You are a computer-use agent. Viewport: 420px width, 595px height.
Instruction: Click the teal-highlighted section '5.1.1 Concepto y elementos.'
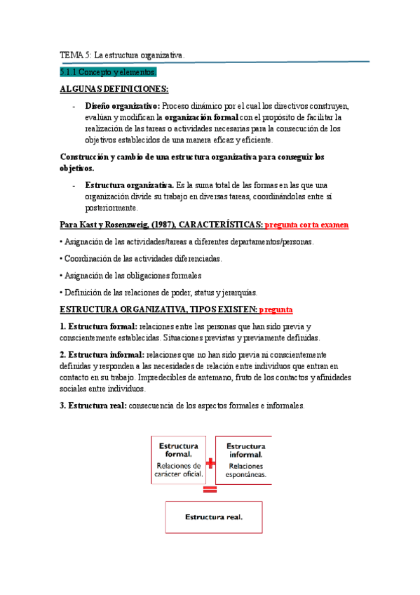pyautogui.click(x=109, y=72)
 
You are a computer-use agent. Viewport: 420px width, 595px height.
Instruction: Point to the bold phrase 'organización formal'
pyautogui.click(x=206, y=117)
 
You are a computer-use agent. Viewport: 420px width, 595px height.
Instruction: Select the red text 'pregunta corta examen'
pyautogui.click(x=306, y=225)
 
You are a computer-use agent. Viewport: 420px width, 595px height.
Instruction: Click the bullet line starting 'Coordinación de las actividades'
pyautogui.click(x=141, y=258)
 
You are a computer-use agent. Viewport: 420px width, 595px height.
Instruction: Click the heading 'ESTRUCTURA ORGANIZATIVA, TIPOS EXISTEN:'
pyautogui.click(x=158, y=309)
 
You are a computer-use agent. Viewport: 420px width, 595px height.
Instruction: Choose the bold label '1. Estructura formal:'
pyautogui.click(x=99, y=326)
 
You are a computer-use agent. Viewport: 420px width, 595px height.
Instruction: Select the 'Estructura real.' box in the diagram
pyautogui.click(x=213, y=517)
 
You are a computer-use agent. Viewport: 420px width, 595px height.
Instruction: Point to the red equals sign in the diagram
pyautogui.click(x=210, y=490)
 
